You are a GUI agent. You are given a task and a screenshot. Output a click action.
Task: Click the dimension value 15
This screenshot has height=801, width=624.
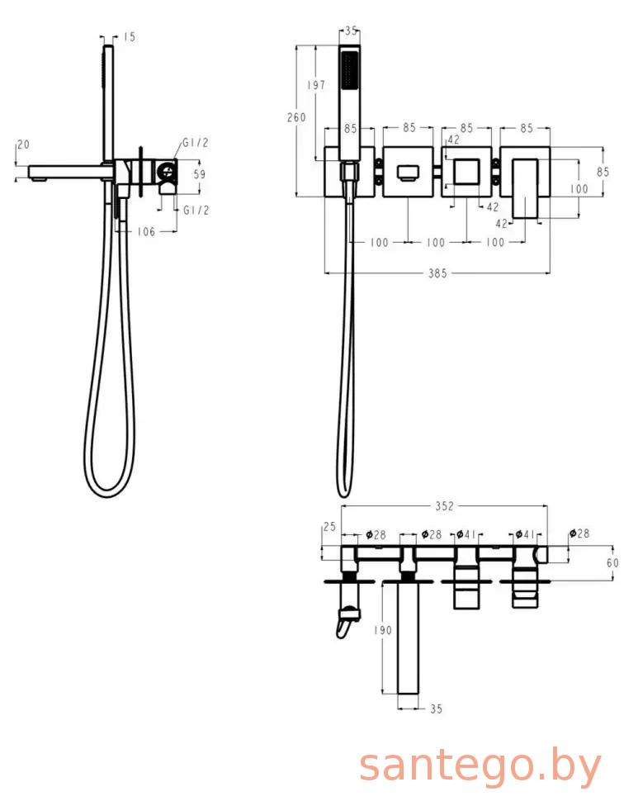(130, 37)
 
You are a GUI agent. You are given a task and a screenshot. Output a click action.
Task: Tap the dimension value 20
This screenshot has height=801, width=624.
(23, 145)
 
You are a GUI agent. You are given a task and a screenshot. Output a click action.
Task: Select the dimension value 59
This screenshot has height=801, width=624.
(200, 174)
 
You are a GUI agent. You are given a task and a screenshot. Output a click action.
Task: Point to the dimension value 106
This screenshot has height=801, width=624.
(146, 232)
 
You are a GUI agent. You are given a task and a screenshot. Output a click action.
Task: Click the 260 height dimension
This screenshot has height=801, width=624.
(296, 117)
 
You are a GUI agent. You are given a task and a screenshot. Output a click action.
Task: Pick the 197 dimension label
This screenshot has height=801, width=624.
(316, 85)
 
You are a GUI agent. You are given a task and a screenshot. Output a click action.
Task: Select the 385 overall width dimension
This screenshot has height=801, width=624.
(437, 273)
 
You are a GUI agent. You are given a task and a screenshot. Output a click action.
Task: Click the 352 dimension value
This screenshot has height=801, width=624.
(444, 505)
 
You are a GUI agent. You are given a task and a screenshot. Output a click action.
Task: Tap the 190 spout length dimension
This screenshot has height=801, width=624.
(382, 630)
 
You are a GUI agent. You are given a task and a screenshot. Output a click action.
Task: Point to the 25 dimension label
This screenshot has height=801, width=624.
(330, 527)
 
